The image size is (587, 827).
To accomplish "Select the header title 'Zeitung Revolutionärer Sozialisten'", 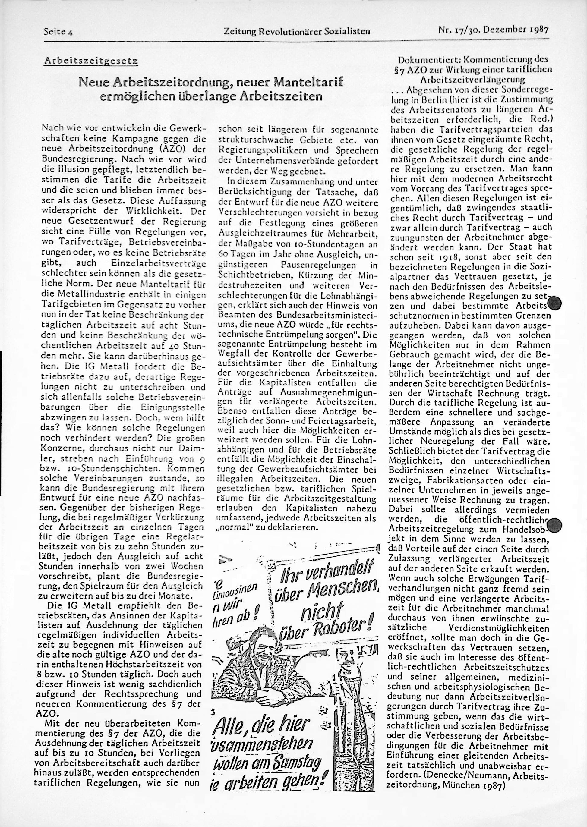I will click(297, 31).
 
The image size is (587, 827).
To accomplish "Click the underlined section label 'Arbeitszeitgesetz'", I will click(91, 61).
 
